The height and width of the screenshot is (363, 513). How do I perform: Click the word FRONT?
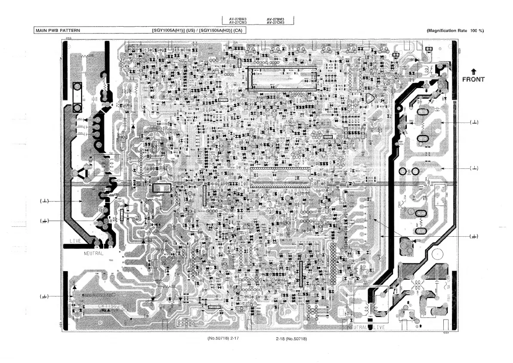pyautogui.click(x=473, y=79)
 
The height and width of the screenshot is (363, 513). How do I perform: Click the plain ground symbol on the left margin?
pyautogui.click(x=45, y=201)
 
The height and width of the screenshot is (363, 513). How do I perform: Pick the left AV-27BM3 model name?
pyautogui.click(x=234, y=19)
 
